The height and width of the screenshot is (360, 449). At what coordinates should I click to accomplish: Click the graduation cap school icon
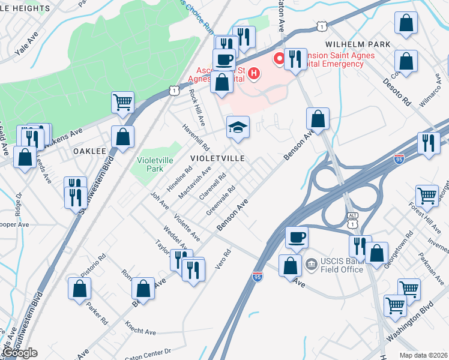[238, 127]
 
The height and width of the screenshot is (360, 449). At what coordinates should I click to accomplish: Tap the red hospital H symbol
[254, 74]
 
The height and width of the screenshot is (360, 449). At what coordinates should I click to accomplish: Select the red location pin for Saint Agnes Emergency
[279, 59]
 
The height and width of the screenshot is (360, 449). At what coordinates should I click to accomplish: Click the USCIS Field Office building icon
[311, 263]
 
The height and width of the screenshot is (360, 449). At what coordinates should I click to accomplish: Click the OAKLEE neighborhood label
[89, 152]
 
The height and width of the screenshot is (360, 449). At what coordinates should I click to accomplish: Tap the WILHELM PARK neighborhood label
[358, 44]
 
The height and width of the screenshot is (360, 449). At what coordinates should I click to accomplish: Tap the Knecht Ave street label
[140, 328]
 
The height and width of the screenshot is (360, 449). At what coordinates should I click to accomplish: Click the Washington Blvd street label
[410, 325]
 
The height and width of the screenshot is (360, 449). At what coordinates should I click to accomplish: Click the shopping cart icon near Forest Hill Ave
[427, 196]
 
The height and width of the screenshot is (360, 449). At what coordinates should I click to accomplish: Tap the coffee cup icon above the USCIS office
[296, 237]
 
